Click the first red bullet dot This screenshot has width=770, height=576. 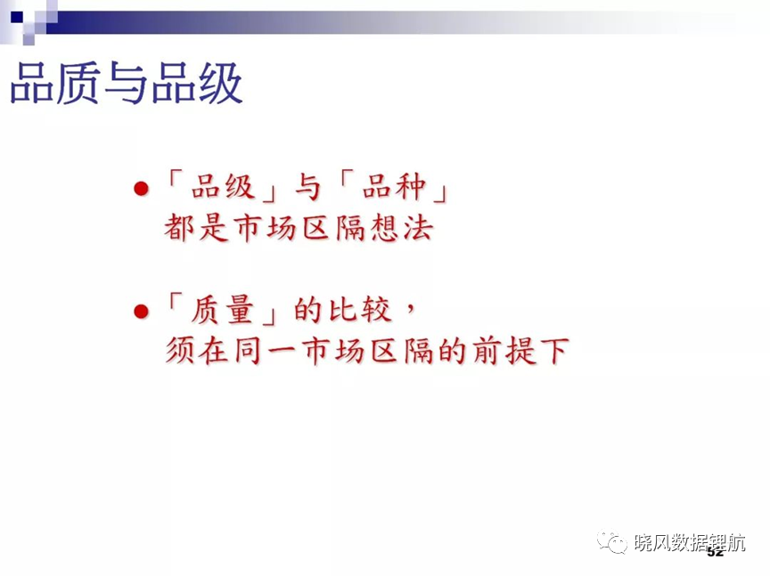[141, 189]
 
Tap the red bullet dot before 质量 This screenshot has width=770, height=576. [141, 311]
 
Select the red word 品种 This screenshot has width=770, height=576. [394, 187]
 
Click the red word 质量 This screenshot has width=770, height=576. [223, 310]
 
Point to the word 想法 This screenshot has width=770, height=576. [402, 228]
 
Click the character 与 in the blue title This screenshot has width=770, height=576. [127, 83]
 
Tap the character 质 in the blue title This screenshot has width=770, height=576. [78, 83]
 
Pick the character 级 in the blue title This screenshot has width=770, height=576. [220, 83]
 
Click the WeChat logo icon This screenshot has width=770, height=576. [612, 541]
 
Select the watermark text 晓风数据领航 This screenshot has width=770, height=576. [690, 542]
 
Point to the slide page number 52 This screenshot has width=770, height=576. [716, 553]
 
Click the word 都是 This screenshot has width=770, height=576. [196, 228]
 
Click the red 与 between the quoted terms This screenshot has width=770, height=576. [307, 187]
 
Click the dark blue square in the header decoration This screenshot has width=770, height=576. [17, 17]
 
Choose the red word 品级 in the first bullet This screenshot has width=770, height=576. [223, 187]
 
